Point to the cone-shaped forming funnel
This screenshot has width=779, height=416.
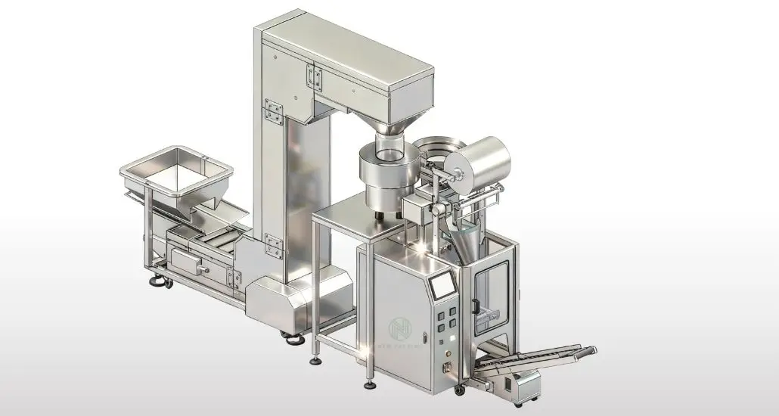tap(463, 237)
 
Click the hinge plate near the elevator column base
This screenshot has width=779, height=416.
tap(274, 246)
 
